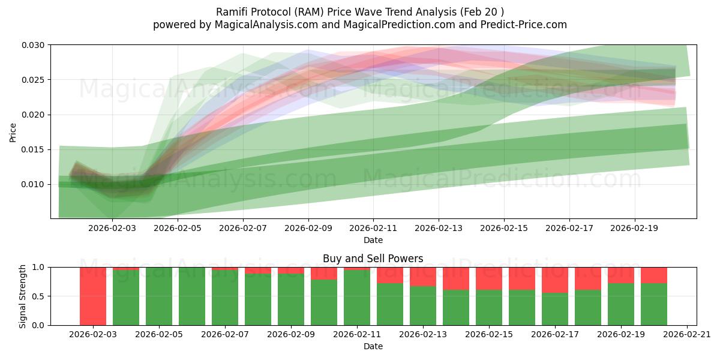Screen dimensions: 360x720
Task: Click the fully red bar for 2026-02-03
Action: (x=93, y=296)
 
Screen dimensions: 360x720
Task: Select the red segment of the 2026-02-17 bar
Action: (x=555, y=280)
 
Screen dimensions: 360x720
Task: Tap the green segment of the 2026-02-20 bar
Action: (x=654, y=304)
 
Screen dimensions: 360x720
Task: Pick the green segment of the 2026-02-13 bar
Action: (x=423, y=305)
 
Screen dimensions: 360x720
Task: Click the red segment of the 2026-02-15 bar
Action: (x=489, y=278)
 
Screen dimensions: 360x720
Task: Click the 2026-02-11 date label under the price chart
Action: (x=373, y=229)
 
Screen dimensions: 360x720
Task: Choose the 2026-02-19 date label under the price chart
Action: (x=635, y=229)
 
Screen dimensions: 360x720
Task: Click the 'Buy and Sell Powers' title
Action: (x=373, y=259)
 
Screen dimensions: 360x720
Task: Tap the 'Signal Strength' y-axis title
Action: (x=23, y=296)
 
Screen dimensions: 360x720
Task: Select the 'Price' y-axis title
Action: (x=13, y=131)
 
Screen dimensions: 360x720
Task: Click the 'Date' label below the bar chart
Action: (x=373, y=346)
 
